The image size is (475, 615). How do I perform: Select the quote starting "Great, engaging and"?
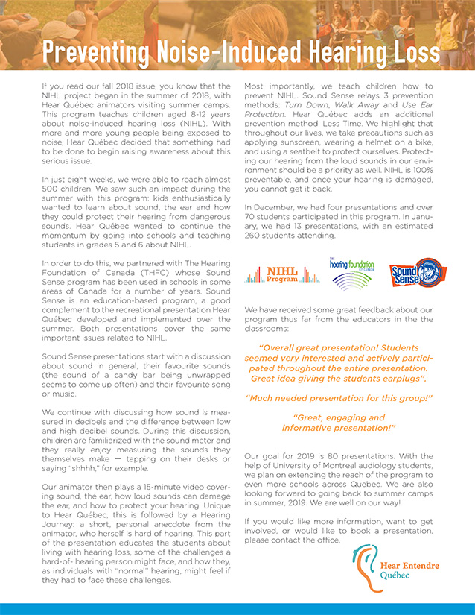point(339,423)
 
